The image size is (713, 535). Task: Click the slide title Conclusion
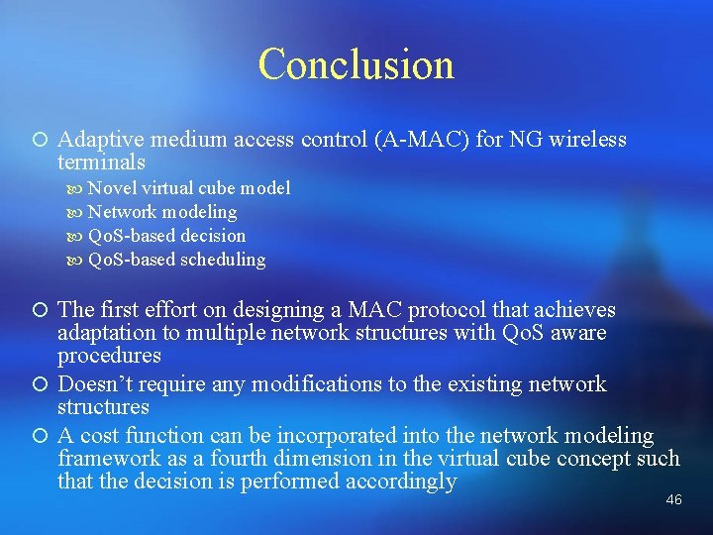click(x=356, y=64)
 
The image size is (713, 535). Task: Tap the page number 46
click(x=673, y=500)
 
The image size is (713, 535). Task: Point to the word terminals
click(x=102, y=161)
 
